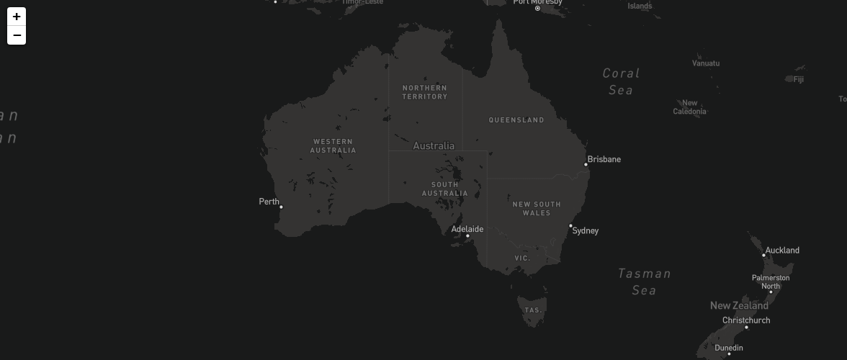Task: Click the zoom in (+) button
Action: click(17, 17)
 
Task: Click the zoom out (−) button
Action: click(17, 35)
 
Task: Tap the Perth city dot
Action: click(281, 207)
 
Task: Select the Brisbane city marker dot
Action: click(586, 165)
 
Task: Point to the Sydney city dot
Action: click(571, 226)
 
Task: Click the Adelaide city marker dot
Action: click(467, 236)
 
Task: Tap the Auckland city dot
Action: click(763, 256)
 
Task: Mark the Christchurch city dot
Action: click(746, 328)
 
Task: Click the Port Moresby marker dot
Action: click(537, 9)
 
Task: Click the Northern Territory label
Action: click(425, 92)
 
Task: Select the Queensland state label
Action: click(516, 120)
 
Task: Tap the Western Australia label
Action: click(333, 146)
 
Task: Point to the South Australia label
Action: click(444, 189)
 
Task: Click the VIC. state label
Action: click(522, 258)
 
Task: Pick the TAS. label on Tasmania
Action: click(533, 310)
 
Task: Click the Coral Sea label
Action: click(621, 81)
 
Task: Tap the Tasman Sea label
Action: click(645, 282)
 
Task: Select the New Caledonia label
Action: click(690, 107)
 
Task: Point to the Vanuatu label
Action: click(706, 63)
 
